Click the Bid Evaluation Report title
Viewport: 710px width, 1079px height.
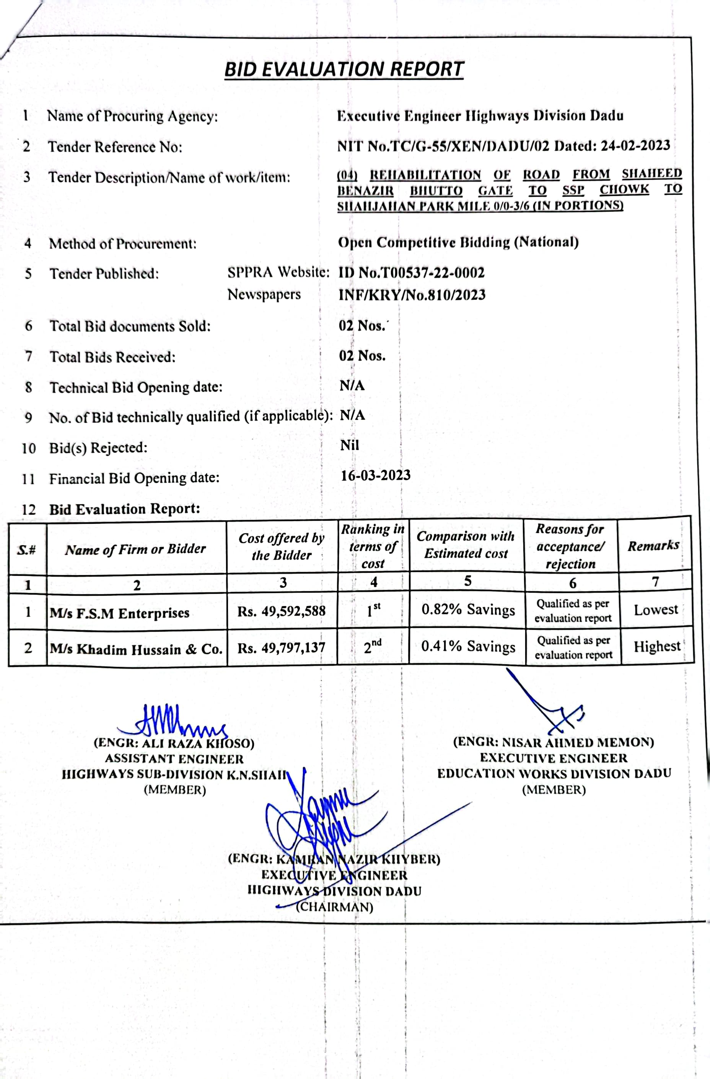344,69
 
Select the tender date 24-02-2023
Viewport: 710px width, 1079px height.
635,145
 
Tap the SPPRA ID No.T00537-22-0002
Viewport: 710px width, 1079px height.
412,272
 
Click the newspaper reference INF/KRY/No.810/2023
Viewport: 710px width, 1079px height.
412,295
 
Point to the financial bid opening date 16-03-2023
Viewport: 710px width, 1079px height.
375,475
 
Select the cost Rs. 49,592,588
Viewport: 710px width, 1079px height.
282,611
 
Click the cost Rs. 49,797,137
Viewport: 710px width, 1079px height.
282,648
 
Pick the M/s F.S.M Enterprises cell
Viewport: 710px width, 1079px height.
120,613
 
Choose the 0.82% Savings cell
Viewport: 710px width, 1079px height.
468,610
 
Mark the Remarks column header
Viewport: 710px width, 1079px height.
653,545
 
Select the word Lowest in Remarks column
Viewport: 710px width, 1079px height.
656,610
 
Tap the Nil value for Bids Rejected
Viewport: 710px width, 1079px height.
350,445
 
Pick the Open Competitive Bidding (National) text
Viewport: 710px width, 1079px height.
458,242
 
